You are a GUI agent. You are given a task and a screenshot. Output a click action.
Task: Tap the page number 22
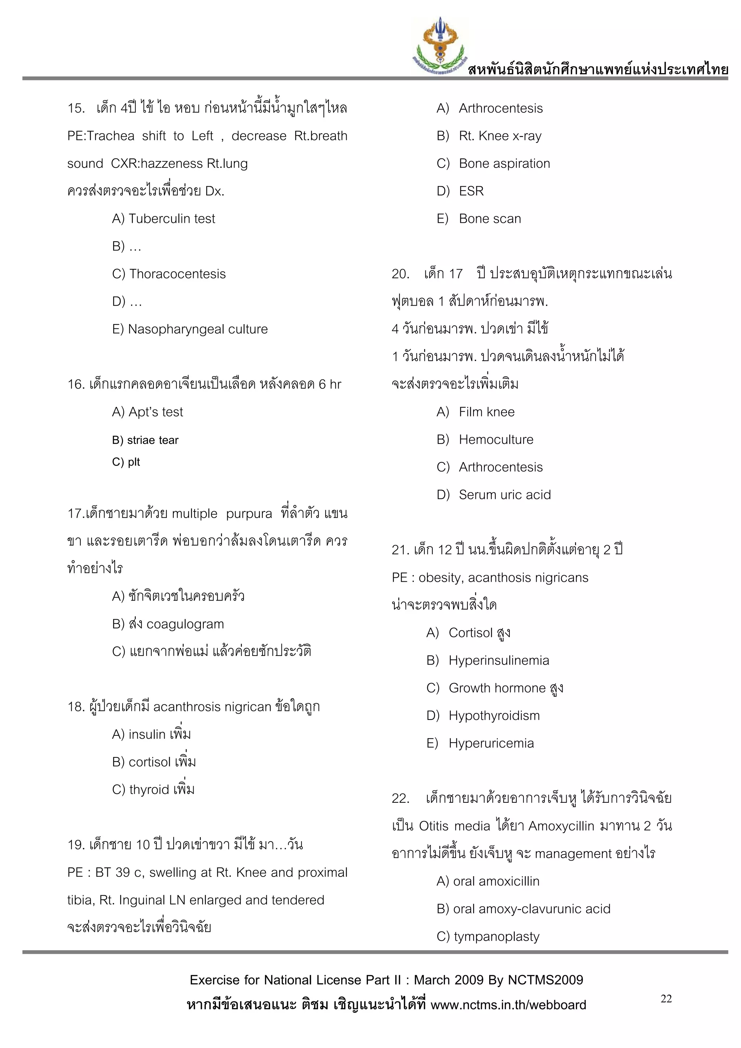pyautogui.click(x=666, y=999)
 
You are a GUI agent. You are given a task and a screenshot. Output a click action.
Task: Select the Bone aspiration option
pyautogui.click(x=504, y=164)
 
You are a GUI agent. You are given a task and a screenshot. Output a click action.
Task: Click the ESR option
pyautogui.click(x=471, y=191)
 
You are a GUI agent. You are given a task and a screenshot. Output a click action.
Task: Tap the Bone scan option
pyautogui.click(x=490, y=218)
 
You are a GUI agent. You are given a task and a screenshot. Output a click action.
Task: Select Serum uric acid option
pyautogui.click(x=504, y=495)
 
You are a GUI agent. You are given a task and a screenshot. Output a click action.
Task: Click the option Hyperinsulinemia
pyautogui.click(x=499, y=661)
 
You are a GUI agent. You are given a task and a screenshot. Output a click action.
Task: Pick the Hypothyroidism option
pyautogui.click(x=494, y=716)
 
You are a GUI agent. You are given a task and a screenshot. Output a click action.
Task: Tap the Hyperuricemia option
pyautogui.click(x=491, y=743)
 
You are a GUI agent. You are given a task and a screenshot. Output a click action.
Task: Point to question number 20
pyautogui.click(x=400, y=274)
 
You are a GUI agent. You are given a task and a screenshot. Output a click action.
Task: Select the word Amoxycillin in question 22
pyautogui.click(x=561, y=826)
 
